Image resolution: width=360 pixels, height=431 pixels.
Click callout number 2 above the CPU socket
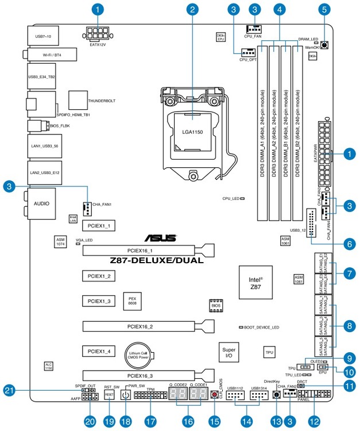[x=193, y=9]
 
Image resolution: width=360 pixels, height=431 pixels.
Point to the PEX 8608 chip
[x=132, y=301]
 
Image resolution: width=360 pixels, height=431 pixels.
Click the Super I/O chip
[x=228, y=352]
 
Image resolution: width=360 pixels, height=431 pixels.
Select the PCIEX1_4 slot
[x=98, y=350]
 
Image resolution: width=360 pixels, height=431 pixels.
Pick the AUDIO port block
[x=40, y=203]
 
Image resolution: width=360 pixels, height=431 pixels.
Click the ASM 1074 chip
[x=60, y=241]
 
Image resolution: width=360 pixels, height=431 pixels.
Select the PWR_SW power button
[x=125, y=395]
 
